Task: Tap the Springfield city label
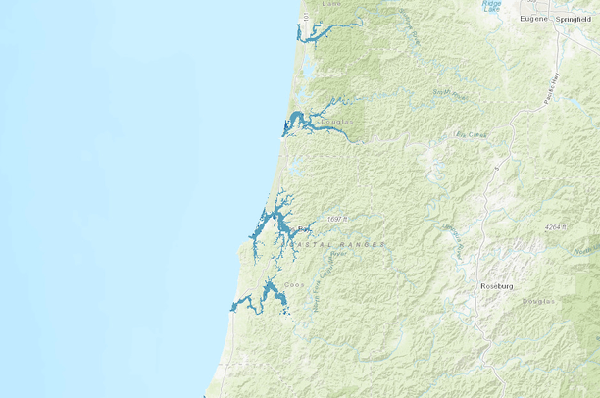tap(577, 19)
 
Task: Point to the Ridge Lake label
tap(491, 6)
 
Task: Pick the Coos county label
tap(294, 285)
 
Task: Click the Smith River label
tap(447, 93)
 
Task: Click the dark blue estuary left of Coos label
tap(266, 294)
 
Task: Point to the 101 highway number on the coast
tap(306, 17)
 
